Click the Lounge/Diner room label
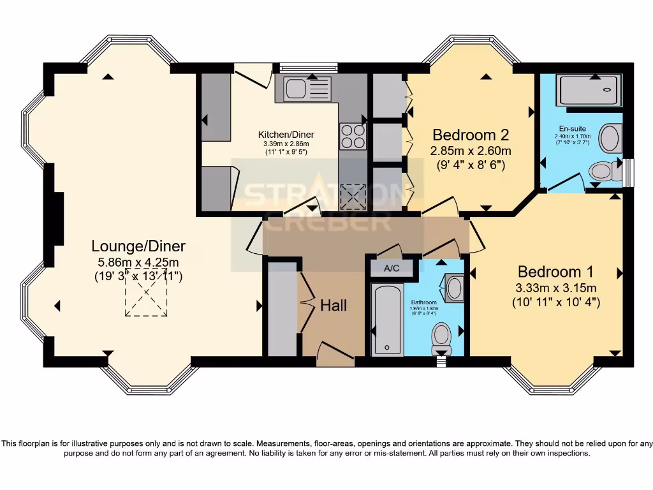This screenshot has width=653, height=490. (x=138, y=246)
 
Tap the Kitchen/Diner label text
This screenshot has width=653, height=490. (x=286, y=135)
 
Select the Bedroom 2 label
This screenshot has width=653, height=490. (x=471, y=135)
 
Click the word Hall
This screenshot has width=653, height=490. (x=334, y=306)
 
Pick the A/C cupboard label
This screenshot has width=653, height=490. (x=392, y=268)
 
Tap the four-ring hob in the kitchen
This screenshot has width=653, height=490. (x=353, y=135)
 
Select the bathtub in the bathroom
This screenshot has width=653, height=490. (x=387, y=320)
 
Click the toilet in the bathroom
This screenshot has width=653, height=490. (x=441, y=336)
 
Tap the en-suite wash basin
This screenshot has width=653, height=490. (x=610, y=138)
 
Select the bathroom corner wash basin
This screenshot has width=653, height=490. (x=455, y=287)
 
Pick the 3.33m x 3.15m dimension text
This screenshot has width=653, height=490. (x=555, y=287)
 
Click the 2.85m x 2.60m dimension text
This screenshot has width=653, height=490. (x=471, y=151)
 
